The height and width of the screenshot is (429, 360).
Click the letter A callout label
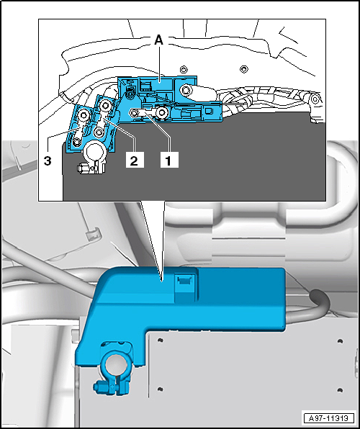[159, 41]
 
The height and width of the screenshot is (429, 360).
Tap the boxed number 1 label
[169, 161]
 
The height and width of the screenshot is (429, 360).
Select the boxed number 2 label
[134, 161]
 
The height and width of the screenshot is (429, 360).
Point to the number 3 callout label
[48, 161]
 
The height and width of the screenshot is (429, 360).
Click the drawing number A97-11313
[329, 418]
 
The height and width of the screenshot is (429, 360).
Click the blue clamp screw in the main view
[99, 387]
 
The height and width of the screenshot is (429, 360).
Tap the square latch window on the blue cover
[184, 280]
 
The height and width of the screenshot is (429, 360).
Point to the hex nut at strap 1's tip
[134, 112]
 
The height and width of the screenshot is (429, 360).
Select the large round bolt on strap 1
[162, 112]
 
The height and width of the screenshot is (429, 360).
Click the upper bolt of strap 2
[105, 104]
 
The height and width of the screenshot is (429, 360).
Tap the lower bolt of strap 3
[76, 142]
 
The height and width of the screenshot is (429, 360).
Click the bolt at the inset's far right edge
[315, 98]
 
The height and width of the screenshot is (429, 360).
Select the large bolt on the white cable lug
[185, 89]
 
